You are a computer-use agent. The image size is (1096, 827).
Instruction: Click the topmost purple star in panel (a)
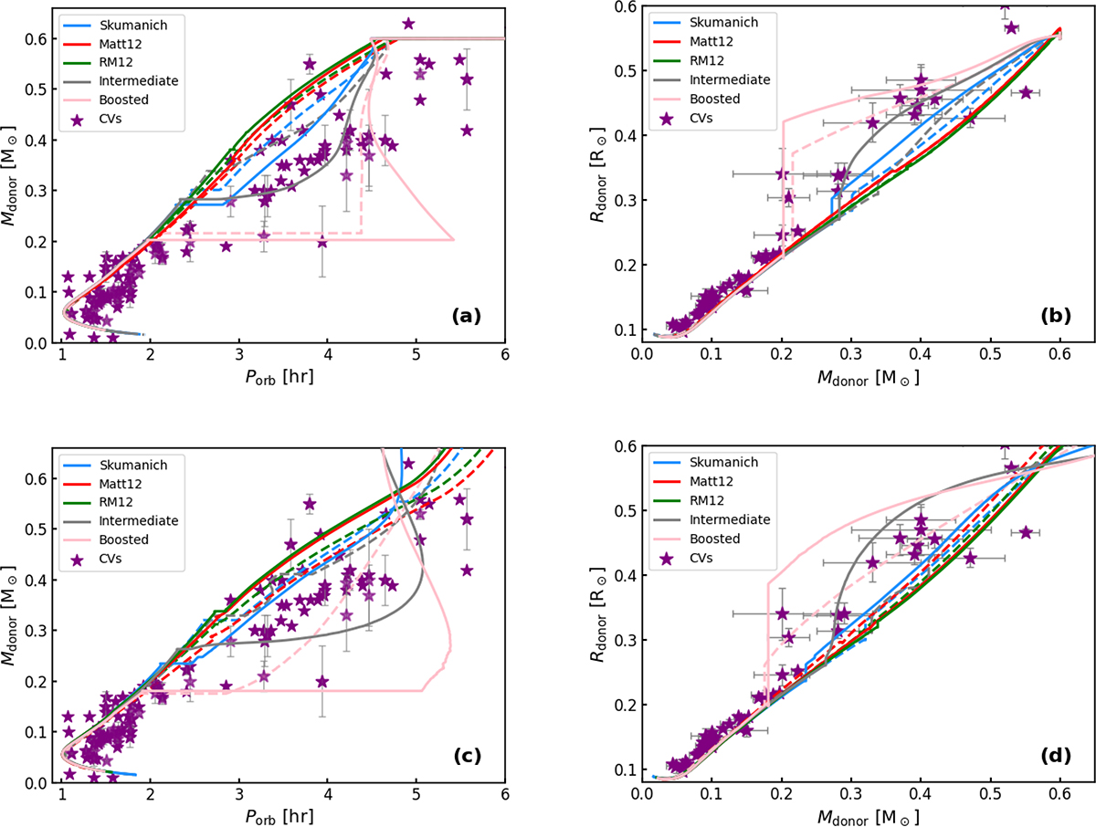click(408, 24)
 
